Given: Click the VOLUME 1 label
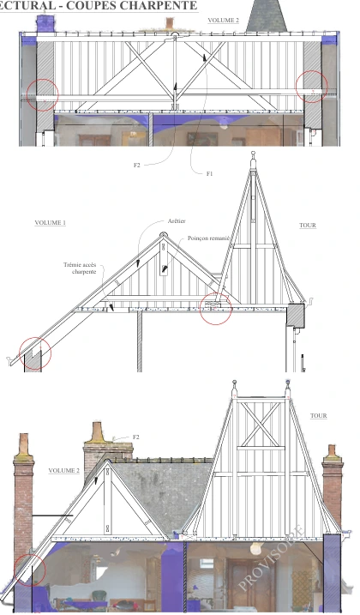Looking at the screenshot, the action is (x=51, y=223).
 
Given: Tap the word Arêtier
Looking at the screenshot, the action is (x=177, y=221).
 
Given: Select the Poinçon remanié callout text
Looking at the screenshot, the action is (x=208, y=238).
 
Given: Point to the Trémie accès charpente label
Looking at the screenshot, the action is (x=80, y=268).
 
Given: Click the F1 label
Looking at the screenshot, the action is (x=209, y=174).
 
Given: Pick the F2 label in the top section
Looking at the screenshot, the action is (x=136, y=166).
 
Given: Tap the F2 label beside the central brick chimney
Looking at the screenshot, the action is (x=136, y=437).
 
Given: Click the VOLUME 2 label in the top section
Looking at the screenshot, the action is (x=223, y=21).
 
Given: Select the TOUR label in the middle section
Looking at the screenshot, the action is (x=308, y=226).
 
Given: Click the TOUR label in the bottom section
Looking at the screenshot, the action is (x=319, y=416).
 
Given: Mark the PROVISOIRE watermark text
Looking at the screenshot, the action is (x=272, y=557).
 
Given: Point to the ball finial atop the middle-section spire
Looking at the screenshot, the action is (x=253, y=154).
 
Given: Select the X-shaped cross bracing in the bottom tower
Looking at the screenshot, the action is (x=261, y=425).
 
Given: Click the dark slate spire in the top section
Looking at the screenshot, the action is (x=267, y=15).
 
